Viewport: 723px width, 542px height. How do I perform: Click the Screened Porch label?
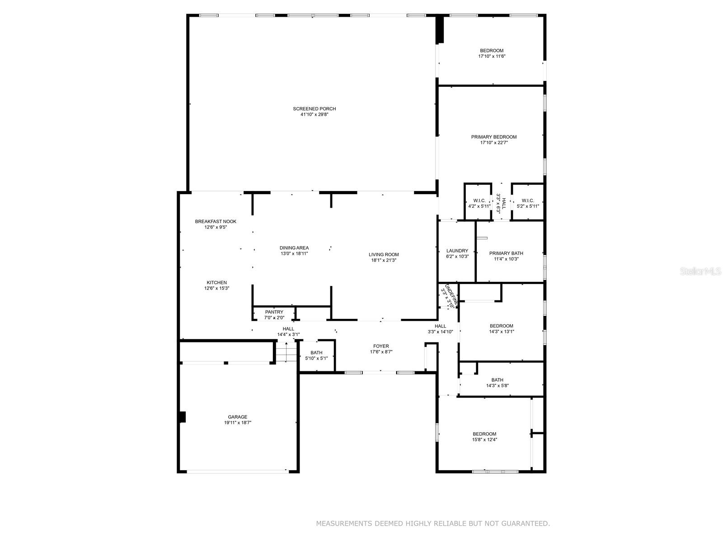click(x=314, y=109)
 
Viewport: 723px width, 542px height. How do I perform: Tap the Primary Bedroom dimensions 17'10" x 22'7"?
click(x=493, y=143)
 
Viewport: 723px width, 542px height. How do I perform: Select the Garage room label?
click(x=237, y=417)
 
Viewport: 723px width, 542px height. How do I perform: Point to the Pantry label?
click(x=274, y=312)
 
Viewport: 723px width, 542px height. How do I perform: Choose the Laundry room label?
click(x=457, y=251)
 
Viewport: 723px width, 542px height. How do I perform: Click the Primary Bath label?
click(x=506, y=253)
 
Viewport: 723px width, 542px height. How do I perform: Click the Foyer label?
click(x=381, y=346)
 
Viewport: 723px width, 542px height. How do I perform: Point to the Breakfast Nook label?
click(x=216, y=221)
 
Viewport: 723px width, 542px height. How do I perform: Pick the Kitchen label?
click(x=216, y=283)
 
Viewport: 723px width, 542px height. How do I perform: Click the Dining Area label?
click(x=294, y=248)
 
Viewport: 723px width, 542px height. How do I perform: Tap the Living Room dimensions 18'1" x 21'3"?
click(x=384, y=260)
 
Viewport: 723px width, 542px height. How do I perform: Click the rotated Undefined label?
click(x=451, y=296)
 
